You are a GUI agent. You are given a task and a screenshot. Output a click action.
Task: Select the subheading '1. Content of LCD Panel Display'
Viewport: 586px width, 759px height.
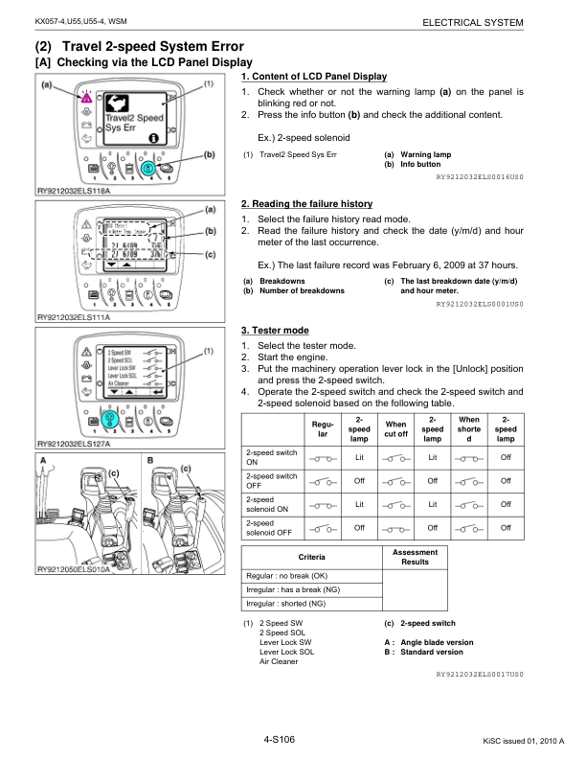click(314, 77)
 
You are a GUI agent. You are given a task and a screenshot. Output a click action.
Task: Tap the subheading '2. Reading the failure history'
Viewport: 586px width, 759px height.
click(306, 204)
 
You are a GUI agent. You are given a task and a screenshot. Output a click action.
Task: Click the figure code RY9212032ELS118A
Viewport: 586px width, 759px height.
click(73, 191)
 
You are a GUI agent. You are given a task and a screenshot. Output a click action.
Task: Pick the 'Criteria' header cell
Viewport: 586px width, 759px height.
click(311, 557)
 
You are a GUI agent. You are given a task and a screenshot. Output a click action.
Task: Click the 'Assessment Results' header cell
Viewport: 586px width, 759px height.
click(415, 557)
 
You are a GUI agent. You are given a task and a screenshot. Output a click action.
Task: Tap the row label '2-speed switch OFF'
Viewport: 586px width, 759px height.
click(270, 480)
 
